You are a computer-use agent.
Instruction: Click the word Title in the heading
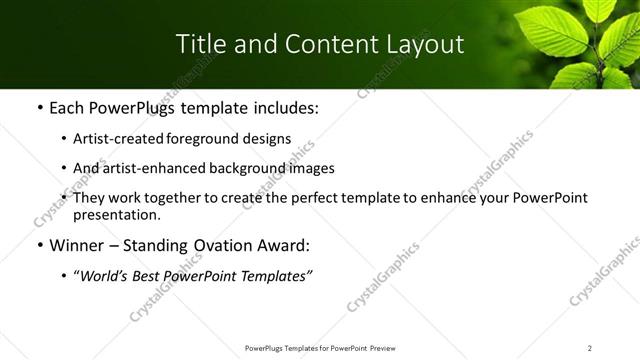click(200, 44)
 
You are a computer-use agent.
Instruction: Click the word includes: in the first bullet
click(284, 107)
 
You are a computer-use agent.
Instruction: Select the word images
click(306, 168)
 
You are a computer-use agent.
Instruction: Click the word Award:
click(282, 245)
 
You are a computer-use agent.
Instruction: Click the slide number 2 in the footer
click(590, 348)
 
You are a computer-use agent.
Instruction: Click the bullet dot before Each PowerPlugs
click(39, 107)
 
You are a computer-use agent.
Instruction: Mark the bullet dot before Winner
click(39, 245)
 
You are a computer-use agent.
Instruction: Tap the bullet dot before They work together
click(65, 198)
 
